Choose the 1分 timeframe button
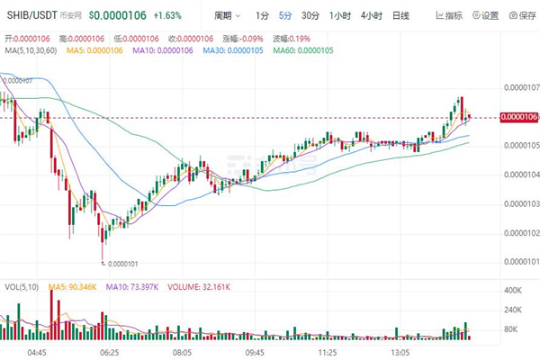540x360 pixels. click(x=261, y=15)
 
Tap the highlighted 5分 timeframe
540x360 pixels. click(x=285, y=15)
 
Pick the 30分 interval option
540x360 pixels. click(x=310, y=15)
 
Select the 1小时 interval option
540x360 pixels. click(x=340, y=15)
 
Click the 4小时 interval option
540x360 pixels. click(x=371, y=15)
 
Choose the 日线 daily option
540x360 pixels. click(x=400, y=15)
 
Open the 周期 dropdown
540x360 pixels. click(x=227, y=15)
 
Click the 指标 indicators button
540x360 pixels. click(x=449, y=15)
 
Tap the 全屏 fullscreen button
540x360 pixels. click(x=525, y=15)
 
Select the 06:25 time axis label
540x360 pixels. click(x=109, y=354)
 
